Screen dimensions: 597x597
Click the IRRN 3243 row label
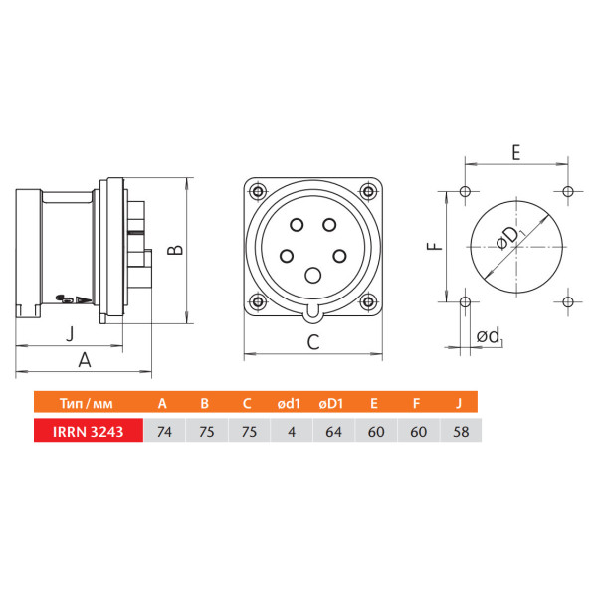click(x=88, y=431)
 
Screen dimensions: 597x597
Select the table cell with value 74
click(x=164, y=431)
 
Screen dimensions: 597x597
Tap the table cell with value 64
click(x=333, y=431)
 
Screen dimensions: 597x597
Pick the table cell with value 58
click(x=461, y=431)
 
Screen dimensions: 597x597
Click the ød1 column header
click(x=289, y=403)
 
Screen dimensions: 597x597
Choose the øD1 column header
click(x=331, y=403)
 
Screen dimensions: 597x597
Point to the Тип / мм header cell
click(x=87, y=403)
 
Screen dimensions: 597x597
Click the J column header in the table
click(x=459, y=403)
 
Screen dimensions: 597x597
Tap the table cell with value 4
click(x=292, y=431)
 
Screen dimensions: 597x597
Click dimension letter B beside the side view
click(x=175, y=250)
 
